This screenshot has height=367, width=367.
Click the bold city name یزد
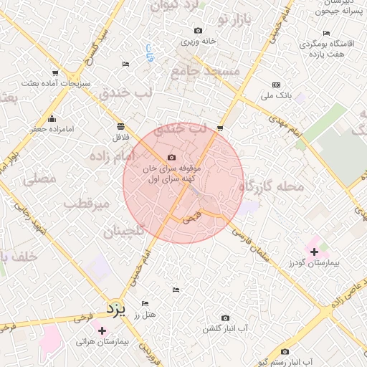pos(115,309)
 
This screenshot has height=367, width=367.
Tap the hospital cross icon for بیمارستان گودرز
pos(313,252)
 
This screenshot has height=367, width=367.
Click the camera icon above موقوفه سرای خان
pos(171,158)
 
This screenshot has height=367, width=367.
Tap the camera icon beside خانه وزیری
pos(198,31)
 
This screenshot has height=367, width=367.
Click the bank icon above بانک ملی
pos(276,85)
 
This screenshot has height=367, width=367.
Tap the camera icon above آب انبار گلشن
pos(225,318)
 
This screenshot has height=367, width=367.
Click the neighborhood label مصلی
pos(40,180)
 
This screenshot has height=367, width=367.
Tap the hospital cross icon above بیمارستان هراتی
pos(102,330)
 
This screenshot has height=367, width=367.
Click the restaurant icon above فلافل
pos(120,125)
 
